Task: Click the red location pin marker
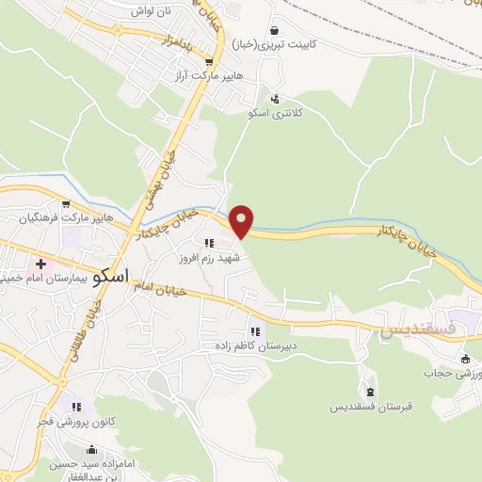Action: point(242,221)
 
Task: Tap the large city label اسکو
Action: point(113,279)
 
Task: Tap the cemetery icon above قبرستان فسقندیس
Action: point(368,391)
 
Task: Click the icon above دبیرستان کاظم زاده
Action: point(254,331)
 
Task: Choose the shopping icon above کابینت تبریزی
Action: point(274,30)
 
